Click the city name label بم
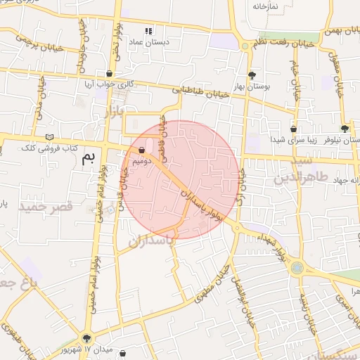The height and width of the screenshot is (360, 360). pos(87,156)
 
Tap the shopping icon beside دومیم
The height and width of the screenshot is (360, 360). pos(142,150)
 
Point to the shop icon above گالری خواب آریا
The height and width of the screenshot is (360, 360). pos(109,73)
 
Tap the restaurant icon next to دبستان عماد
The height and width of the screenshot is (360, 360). pos(148,31)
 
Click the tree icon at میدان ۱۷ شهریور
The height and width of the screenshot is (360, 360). pos(86,339)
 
